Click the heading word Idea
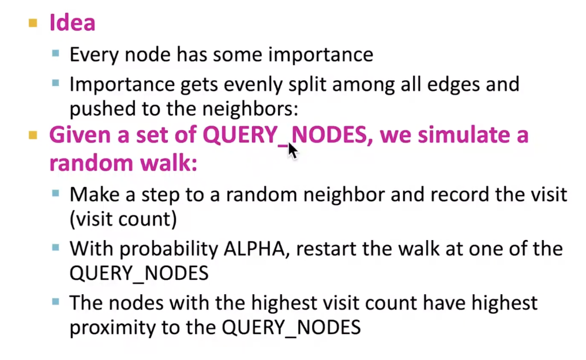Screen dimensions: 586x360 [x=72, y=23]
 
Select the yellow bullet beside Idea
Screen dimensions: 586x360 [x=33, y=23]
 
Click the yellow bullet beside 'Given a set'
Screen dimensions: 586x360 [x=33, y=136]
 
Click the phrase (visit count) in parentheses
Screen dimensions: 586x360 [x=123, y=220]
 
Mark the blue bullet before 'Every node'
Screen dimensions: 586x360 [x=55, y=53]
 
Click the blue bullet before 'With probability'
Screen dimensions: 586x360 [x=55, y=247]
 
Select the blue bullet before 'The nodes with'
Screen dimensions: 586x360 [x=55, y=301]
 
